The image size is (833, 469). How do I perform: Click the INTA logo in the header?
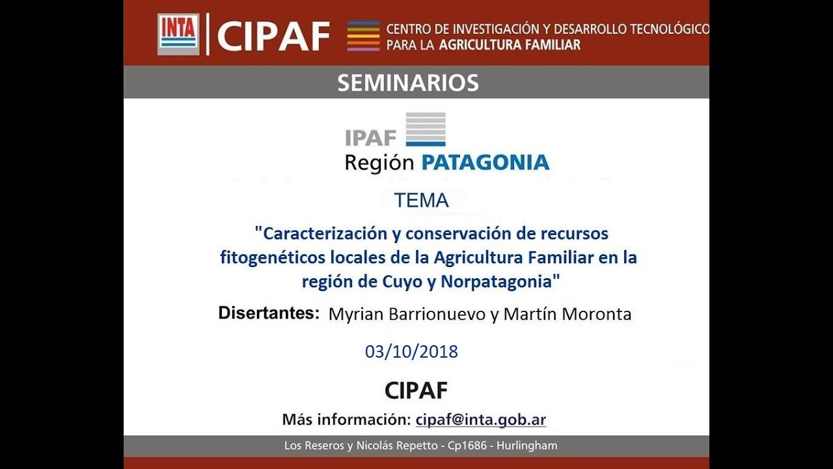point(178,34)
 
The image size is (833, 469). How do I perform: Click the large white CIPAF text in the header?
point(273,36)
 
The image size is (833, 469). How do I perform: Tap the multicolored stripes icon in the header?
point(363,36)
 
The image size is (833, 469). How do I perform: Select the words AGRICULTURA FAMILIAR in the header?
point(510,45)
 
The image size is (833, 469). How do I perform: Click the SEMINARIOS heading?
point(408,83)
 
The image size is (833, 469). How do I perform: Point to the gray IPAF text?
point(370,138)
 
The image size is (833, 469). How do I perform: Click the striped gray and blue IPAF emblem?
point(426,129)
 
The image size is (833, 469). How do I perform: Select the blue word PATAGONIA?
point(485,162)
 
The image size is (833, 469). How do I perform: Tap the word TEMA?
point(421,201)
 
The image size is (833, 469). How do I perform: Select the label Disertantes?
point(269,313)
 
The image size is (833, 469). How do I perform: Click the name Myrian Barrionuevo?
point(407,314)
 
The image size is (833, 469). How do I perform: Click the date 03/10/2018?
point(411,352)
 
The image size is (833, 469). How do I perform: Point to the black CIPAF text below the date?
point(416,390)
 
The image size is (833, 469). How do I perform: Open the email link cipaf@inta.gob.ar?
point(480,419)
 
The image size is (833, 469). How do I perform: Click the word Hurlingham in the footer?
point(526,446)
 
